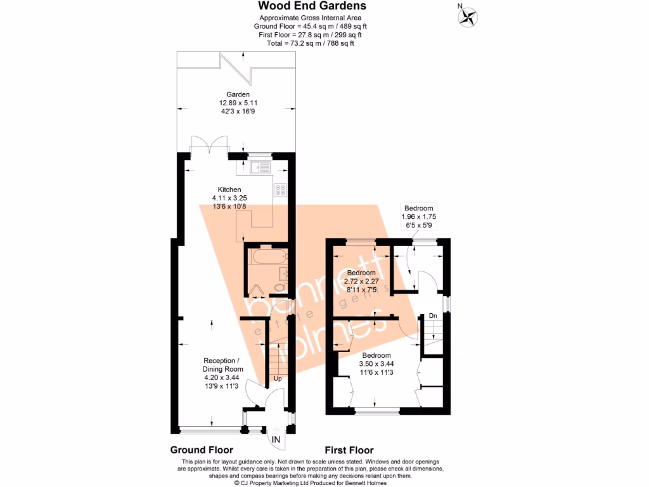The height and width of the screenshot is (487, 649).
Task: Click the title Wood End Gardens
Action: pyautogui.click(x=311, y=6)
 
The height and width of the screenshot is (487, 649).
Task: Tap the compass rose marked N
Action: pyautogui.click(x=469, y=16)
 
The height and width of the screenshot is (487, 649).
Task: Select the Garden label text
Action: pyautogui.click(x=238, y=94)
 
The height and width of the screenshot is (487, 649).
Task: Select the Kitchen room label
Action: pyautogui.click(x=229, y=190)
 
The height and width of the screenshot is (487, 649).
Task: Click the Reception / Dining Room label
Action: pyautogui.click(x=222, y=365)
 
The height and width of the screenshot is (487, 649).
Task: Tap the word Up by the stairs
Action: pyautogui.click(x=278, y=379)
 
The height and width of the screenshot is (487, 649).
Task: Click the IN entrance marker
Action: pyautogui.click(x=276, y=439)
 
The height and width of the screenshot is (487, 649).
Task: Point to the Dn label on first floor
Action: pyautogui.click(x=432, y=315)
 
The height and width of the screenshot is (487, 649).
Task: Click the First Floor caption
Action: pyautogui.click(x=349, y=450)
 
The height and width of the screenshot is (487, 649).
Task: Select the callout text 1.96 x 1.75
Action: pyautogui.click(x=419, y=216)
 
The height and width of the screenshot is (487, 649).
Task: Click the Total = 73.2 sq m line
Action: pyautogui.click(x=311, y=43)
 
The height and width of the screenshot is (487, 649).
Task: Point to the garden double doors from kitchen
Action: pyautogui.click(x=209, y=146)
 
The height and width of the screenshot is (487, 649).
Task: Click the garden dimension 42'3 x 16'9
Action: pyautogui.click(x=238, y=111)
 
